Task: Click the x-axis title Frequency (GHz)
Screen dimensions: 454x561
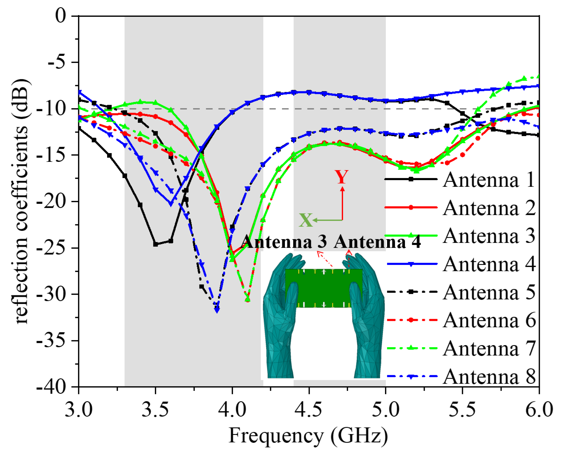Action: point(308,436)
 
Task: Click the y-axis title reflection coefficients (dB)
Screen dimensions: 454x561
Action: point(22,201)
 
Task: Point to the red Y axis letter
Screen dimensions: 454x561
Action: point(342,177)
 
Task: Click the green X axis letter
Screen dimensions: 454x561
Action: point(305,220)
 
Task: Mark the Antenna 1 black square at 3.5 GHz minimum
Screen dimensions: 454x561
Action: point(155,244)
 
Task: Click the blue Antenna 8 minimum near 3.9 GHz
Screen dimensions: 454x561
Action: point(217,310)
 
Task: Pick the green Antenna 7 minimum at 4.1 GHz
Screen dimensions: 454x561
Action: point(247,299)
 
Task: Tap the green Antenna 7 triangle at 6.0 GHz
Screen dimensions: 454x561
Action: point(539,76)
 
